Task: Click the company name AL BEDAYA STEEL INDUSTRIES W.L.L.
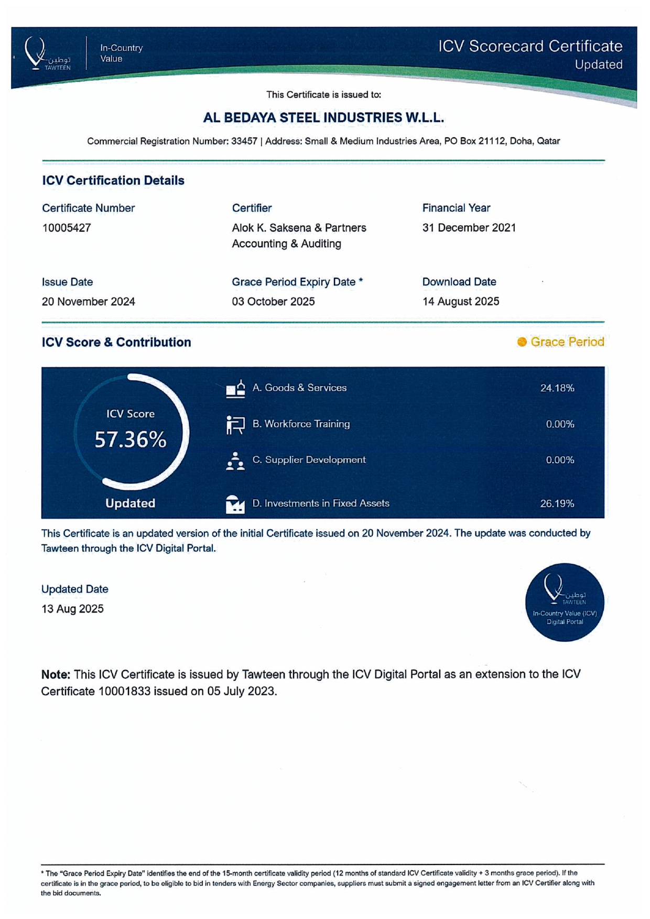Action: click(x=323, y=118)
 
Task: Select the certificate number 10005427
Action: click(x=67, y=228)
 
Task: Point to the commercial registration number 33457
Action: click(x=244, y=141)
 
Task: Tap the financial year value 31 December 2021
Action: click(x=469, y=228)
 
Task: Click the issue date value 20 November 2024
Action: click(x=88, y=302)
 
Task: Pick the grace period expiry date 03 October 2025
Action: click(x=273, y=302)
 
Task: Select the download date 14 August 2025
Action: click(x=460, y=302)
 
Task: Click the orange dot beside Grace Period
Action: click(x=522, y=342)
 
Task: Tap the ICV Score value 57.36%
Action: click(x=131, y=440)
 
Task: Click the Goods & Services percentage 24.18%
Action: click(x=557, y=388)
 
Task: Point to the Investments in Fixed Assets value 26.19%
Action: click(x=557, y=504)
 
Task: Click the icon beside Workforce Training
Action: click(x=235, y=424)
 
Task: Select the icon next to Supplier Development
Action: click(x=235, y=461)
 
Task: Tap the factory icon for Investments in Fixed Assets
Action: click(x=235, y=504)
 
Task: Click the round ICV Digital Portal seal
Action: click(x=565, y=602)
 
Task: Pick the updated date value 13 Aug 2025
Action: click(x=72, y=609)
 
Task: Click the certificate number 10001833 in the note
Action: click(x=123, y=692)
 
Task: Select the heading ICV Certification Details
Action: click(x=113, y=181)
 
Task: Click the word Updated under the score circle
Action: click(x=130, y=504)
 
